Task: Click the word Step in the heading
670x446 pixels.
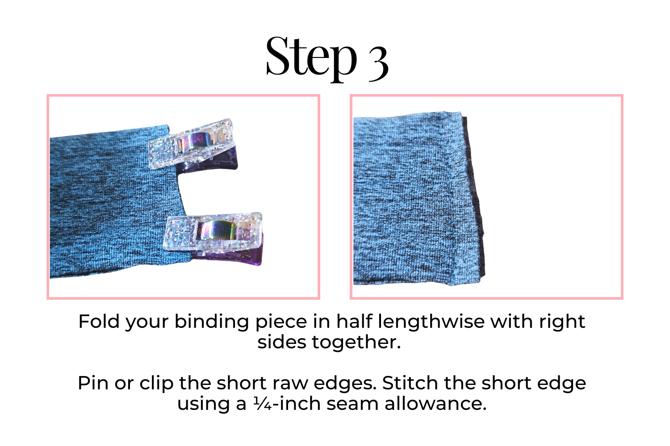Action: point(311,59)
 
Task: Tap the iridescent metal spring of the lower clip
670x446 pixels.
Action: point(218,230)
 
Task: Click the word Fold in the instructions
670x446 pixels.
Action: point(99,322)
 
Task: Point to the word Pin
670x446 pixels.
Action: point(93,383)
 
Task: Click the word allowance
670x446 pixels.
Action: point(435,403)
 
